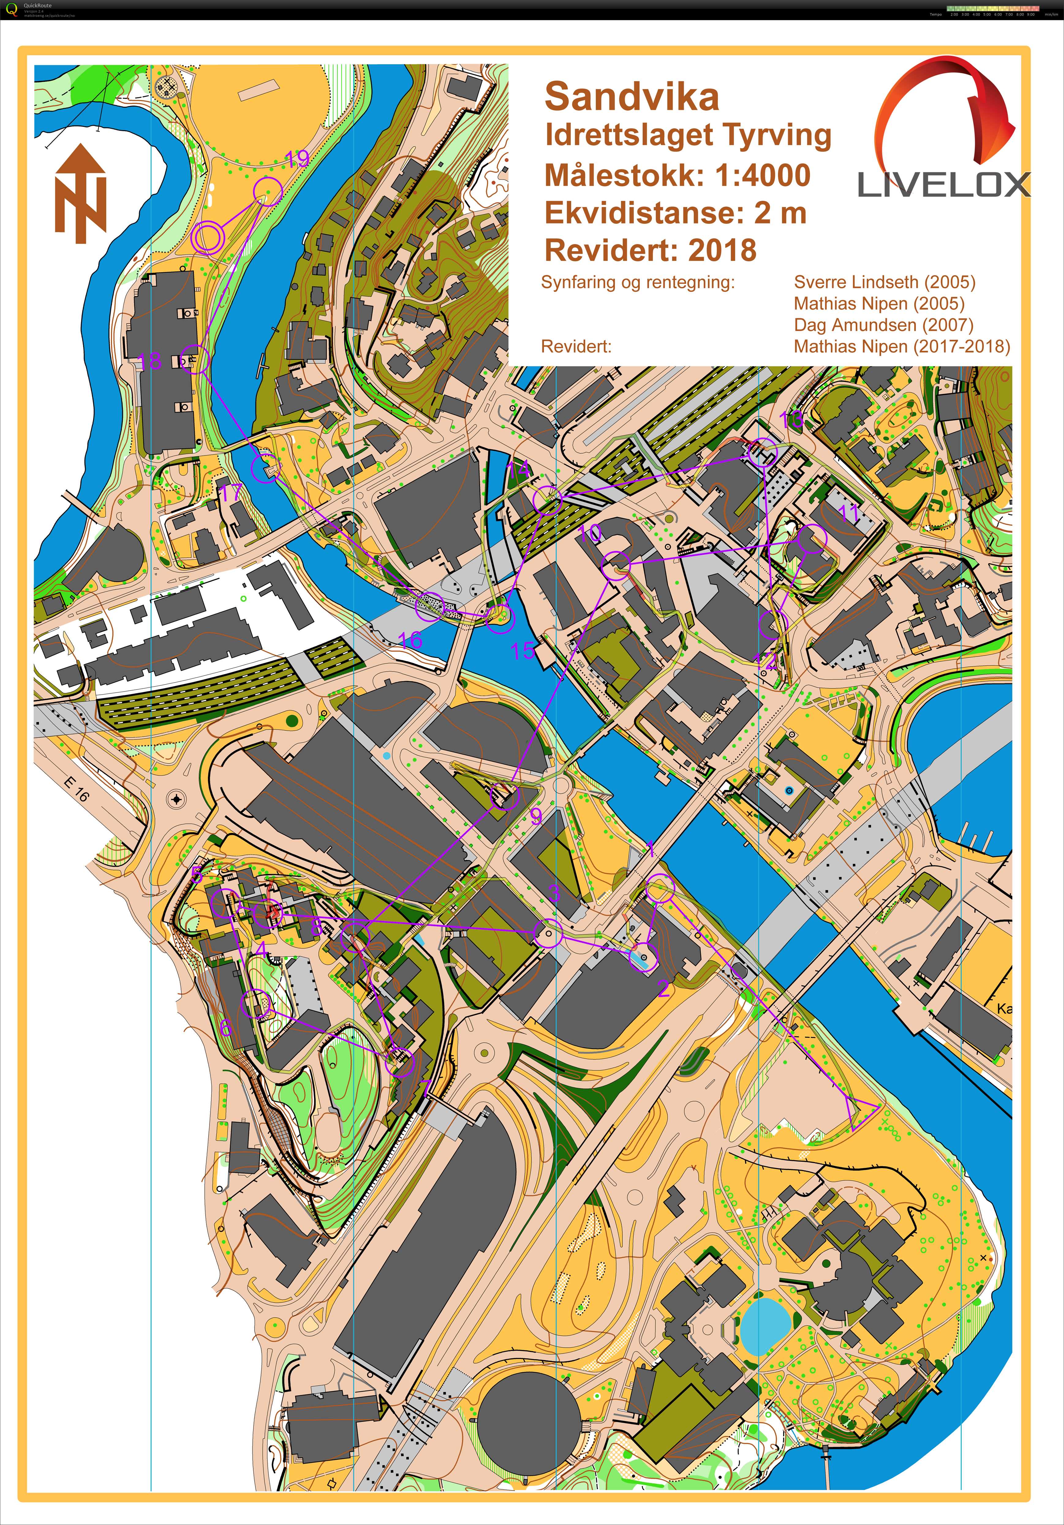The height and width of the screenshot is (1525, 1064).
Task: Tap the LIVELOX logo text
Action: pyautogui.click(x=943, y=185)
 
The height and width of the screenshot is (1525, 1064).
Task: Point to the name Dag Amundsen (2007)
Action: pyautogui.click(x=883, y=325)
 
